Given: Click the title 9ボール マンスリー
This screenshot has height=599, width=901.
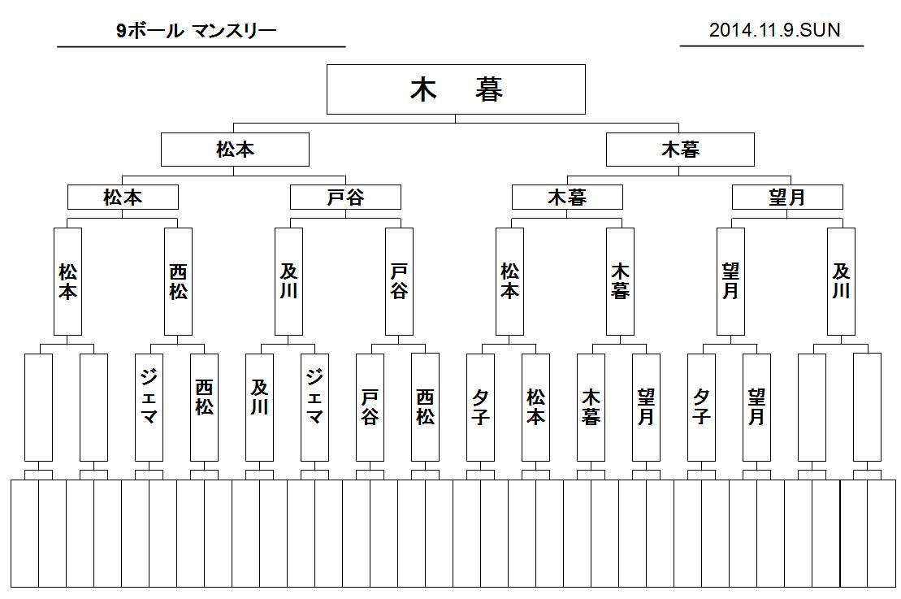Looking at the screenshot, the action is (x=196, y=30).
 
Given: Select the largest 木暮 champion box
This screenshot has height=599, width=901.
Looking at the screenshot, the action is (x=456, y=89).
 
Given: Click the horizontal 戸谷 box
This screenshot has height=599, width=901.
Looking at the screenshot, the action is (x=345, y=197).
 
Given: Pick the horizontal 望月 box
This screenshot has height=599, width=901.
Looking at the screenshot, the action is (x=787, y=197).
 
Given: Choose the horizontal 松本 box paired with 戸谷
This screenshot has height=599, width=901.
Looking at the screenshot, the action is (x=123, y=197).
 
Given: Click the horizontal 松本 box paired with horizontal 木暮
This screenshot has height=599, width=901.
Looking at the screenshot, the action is (x=235, y=150).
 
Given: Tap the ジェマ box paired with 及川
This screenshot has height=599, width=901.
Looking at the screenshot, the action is (x=315, y=407).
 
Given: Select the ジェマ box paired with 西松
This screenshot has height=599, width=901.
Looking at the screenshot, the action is (x=149, y=407).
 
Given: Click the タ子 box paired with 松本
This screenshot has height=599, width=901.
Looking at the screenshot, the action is (x=480, y=407).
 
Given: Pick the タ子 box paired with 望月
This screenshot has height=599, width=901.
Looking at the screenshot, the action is (x=702, y=407).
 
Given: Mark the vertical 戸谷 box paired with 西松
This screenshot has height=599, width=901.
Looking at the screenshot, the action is (x=370, y=407).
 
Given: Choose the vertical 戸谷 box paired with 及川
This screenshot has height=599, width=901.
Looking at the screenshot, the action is (x=400, y=282).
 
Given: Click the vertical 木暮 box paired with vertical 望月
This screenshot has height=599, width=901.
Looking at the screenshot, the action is (x=591, y=407).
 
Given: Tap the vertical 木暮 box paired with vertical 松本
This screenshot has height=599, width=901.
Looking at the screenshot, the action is (x=621, y=282).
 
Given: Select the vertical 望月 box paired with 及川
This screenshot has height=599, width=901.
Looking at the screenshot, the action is (x=731, y=282).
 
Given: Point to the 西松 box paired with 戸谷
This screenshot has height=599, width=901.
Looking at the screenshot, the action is (x=425, y=407).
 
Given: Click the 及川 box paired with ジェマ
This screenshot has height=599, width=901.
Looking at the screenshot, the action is (x=260, y=407).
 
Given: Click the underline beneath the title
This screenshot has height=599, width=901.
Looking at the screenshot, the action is (x=201, y=46).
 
